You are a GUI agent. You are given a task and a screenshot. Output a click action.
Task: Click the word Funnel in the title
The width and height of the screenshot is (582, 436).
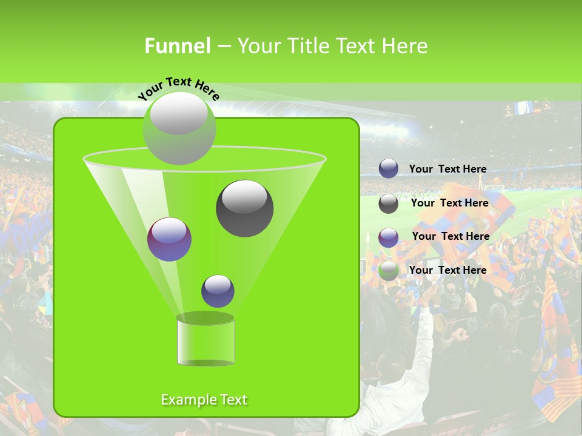(x=178, y=46)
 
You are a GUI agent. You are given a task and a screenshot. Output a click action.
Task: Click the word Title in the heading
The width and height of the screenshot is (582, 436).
(x=307, y=46)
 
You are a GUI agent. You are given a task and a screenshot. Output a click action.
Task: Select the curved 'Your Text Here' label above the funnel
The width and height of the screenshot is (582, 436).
(x=178, y=88)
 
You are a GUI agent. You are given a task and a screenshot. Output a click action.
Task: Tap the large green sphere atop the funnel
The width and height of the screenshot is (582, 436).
(x=179, y=128)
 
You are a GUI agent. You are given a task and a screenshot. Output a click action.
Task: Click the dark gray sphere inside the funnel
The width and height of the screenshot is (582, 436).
(x=244, y=208)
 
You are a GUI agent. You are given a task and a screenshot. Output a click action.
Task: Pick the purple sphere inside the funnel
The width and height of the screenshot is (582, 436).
(x=169, y=239)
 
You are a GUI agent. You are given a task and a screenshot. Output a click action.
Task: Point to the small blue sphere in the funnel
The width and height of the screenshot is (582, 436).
(x=218, y=291)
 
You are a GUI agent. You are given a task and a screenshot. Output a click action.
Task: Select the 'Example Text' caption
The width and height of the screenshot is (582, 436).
(x=204, y=400)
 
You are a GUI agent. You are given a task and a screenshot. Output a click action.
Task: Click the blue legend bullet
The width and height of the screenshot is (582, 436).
(x=389, y=169)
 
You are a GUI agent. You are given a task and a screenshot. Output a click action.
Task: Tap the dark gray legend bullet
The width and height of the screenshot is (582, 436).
(x=389, y=203)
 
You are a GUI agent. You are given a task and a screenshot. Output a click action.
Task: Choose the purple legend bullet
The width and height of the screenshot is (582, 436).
(x=389, y=237)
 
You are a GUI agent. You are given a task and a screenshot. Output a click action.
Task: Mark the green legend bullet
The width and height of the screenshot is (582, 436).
(x=389, y=271)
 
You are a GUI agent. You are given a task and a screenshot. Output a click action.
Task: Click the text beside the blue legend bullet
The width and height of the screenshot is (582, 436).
(x=447, y=170)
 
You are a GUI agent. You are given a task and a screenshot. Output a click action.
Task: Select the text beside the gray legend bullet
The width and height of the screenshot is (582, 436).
(x=449, y=203)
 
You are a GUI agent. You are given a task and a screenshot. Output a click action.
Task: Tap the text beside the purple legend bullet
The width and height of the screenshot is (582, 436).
(x=450, y=237)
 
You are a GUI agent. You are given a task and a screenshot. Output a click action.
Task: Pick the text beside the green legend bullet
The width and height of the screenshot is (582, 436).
(x=447, y=270)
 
